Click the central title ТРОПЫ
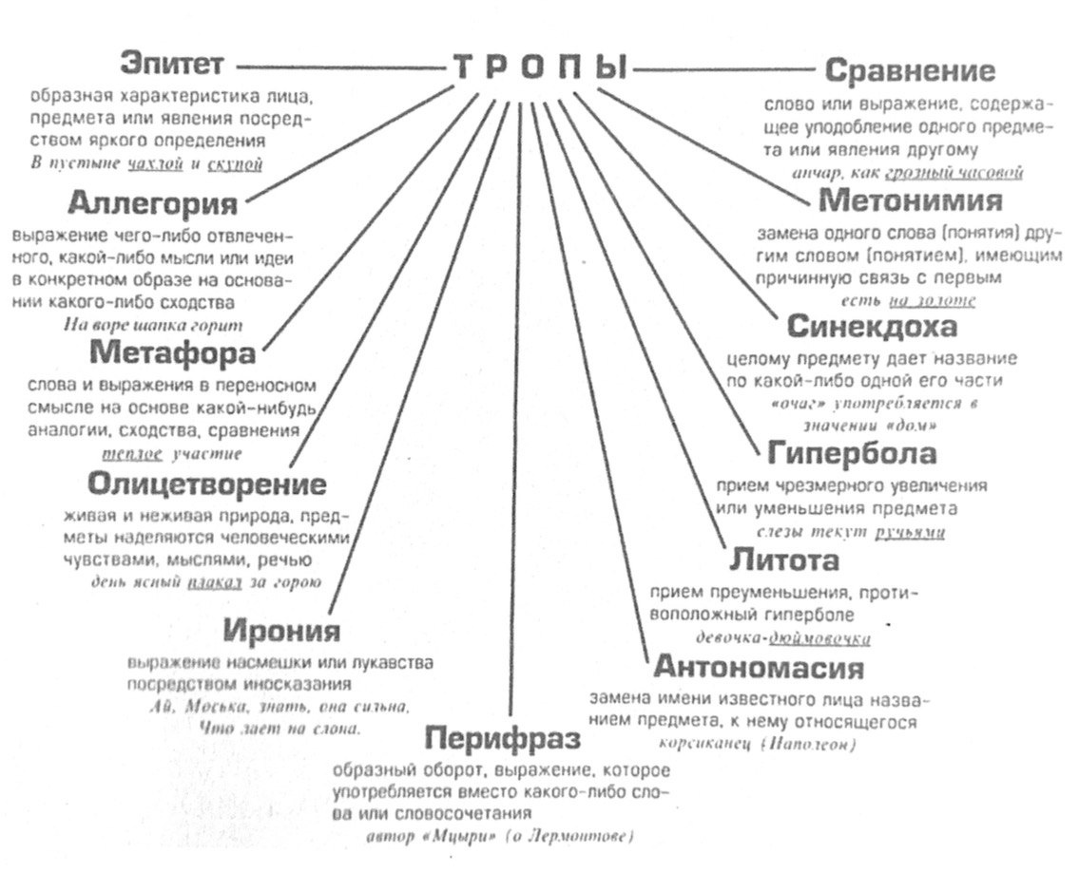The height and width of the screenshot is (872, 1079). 539,68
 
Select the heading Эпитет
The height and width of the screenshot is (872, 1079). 172,64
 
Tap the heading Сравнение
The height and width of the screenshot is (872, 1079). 910,70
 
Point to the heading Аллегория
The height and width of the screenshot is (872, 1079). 152,204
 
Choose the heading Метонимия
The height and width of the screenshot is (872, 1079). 910,201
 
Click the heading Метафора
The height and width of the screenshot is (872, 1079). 173,353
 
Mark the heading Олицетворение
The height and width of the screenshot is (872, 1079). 207,484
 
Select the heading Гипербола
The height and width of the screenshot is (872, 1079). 852,453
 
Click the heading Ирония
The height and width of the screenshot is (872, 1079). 281,631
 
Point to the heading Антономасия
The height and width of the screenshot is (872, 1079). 759,667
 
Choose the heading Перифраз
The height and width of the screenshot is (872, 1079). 502,738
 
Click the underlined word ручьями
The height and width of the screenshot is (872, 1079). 910,533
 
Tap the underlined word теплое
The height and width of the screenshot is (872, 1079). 138,454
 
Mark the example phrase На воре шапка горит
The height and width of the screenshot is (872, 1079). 152,325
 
